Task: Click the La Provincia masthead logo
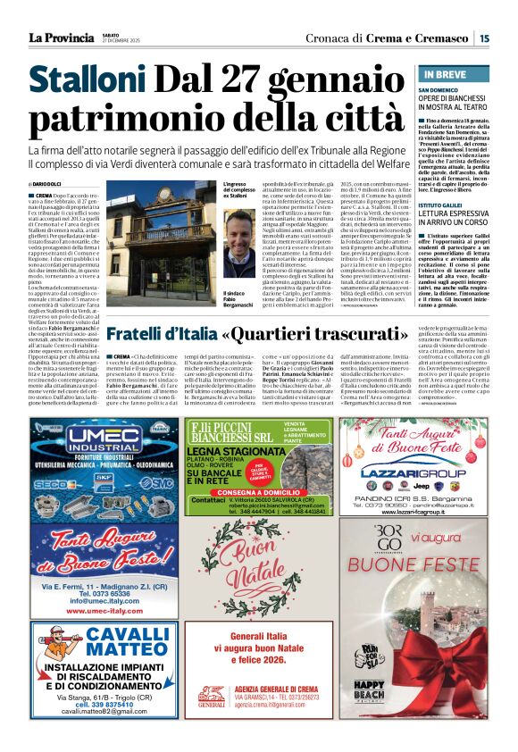point(61,38)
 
